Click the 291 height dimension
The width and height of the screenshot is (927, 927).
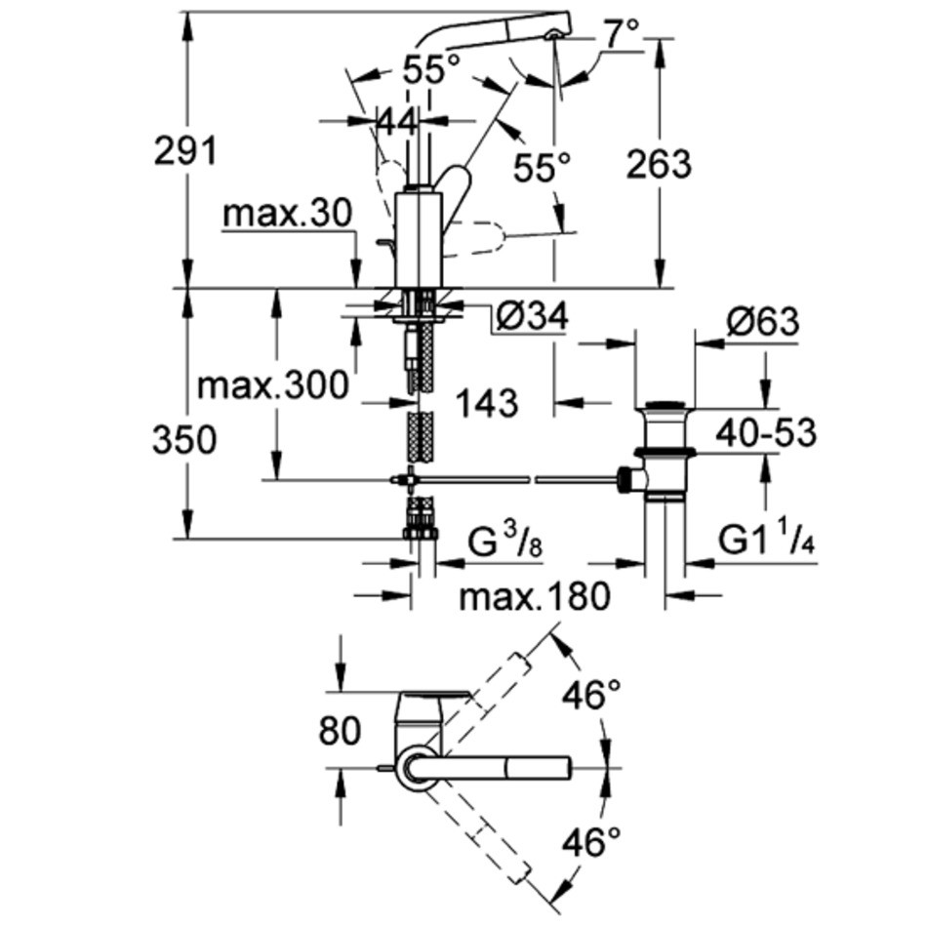tap(184, 152)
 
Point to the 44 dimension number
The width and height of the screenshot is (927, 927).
tap(397, 122)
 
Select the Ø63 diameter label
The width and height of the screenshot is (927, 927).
tap(762, 321)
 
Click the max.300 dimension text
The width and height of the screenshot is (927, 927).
tap(272, 386)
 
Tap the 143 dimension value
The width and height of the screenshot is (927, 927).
tap(487, 401)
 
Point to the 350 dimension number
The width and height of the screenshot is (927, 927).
tap(184, 440)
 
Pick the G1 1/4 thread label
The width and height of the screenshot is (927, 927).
tap(767, 540)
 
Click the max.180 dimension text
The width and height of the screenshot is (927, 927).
tap(534, 594)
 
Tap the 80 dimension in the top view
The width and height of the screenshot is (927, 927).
tap(340, 729)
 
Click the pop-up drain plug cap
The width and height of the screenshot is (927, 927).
tap(665, 405)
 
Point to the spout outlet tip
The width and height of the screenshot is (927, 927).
tap(554, 33)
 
